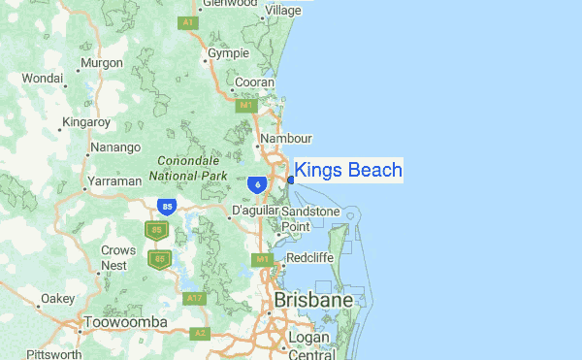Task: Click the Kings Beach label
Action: [x=347, y=171]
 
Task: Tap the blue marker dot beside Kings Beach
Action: [x=291, y=180]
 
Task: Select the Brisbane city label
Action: [x=313, y=301]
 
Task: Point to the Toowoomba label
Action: [x=126, y=322]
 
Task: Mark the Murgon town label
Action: [x=102, y=62]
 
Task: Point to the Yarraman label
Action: [x=113, y=180]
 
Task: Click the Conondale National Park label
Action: [x=188, y=170]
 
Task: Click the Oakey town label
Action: [x=57, y=298]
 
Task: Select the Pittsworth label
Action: [x=54, y=354]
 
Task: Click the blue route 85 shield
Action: [x=167, y=207]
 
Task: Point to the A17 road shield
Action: [x=194, y=297]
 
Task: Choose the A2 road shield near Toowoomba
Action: [x=200, y=333]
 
